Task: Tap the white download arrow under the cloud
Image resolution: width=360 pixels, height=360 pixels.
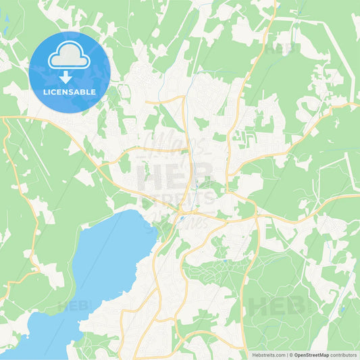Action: tap(70, 78)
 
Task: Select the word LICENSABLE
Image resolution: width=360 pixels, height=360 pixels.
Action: tap(70, 92)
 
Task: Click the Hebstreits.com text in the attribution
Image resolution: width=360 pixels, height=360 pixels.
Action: tap(268, 354)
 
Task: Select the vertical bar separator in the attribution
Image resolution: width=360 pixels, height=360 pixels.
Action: tap(288, 354)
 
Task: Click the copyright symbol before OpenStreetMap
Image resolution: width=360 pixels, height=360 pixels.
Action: tap(292, 354)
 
